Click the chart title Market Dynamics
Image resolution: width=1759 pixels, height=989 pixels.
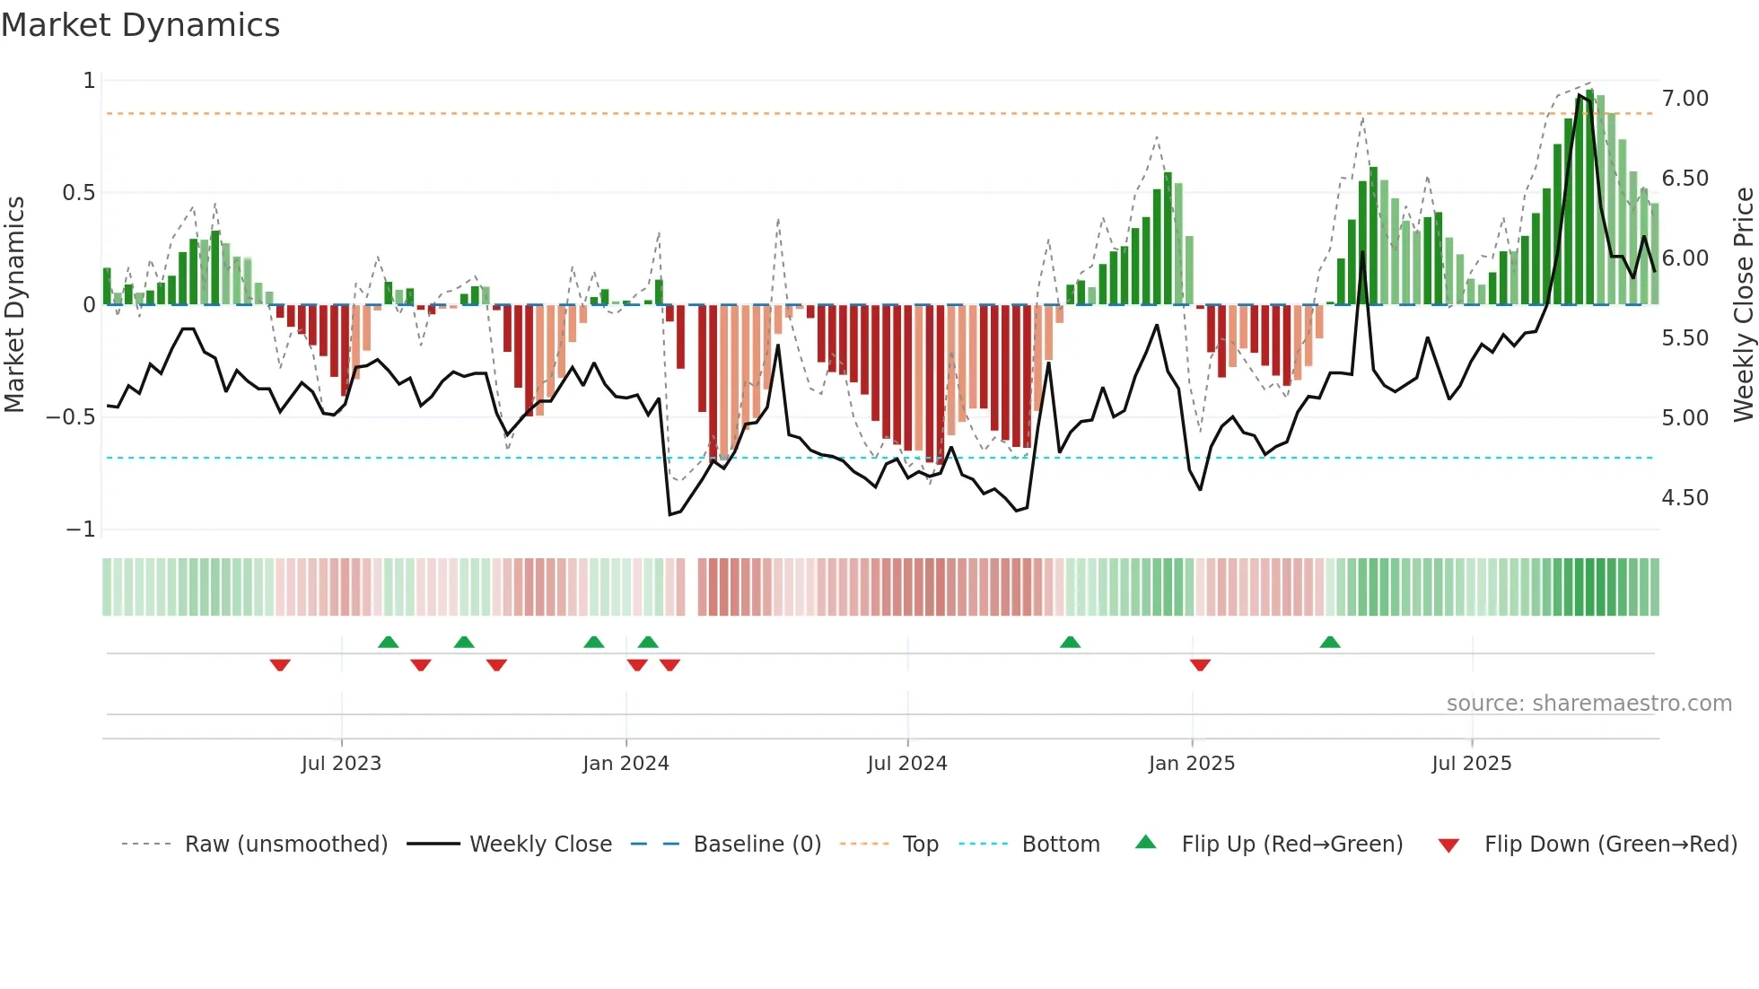[140, 25]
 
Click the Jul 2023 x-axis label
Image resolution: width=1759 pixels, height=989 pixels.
[341, 763]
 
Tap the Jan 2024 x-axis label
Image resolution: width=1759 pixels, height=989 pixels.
[626, 763]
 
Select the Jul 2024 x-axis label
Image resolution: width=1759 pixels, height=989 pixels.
[906, 763]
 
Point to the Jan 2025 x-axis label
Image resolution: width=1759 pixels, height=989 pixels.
[1191, 763]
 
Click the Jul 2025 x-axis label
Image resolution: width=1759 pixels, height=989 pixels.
[1471, 763]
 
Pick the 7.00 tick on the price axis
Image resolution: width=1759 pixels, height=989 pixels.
[1685, 98]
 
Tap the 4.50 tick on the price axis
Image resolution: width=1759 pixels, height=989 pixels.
[1685, 497]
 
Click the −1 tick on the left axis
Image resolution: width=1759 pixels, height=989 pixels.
[81, 530]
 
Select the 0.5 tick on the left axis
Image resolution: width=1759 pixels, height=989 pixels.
[78, 193]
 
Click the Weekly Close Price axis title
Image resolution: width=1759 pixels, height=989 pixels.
[1743, 304]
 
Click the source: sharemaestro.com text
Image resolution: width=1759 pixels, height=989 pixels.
[1588, 703]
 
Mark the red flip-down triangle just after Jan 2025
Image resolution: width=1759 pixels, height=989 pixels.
[1200, 665]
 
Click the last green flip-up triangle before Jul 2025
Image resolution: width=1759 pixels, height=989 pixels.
[1330, 642]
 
